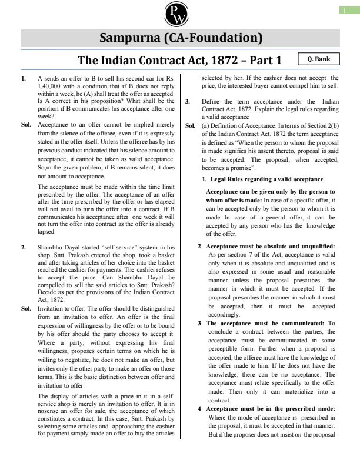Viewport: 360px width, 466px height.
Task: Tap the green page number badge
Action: [349, 10]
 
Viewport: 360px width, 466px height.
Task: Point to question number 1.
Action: [23, 78]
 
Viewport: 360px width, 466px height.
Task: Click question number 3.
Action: [187, 102]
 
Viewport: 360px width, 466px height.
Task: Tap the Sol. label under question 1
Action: [26, 125]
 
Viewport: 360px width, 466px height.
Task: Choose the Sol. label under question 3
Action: [190, 125]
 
